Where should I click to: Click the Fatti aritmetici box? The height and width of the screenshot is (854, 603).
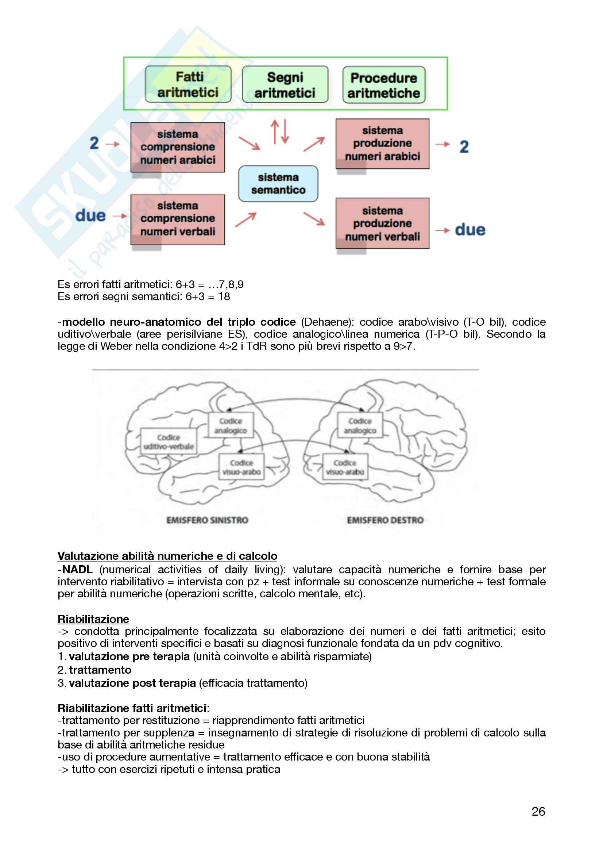click(188, 84)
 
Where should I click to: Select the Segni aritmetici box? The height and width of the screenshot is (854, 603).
click(285, 85)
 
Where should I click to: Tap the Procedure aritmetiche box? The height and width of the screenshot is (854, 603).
click(384, 85)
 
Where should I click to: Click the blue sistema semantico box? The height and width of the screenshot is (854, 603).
click(278, 184)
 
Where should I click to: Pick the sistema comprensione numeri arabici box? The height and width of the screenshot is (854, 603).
click(178, 147)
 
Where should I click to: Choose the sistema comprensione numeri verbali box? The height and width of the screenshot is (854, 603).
click(178, 219)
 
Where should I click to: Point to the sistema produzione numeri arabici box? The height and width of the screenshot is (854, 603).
click(382, 143)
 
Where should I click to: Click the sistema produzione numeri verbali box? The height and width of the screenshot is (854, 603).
click(382, 223)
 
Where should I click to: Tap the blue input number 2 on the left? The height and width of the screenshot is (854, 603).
click(94, 143)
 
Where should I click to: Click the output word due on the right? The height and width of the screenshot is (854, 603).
click(470, 230)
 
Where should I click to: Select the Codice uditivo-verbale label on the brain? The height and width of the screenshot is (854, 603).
click(169, 441)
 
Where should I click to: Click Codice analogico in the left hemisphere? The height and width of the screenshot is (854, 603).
click(231, 425)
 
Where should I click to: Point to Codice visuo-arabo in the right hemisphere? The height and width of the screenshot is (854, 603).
click(345, 467)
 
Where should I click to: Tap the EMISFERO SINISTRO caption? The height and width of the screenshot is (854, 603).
click(207, 520)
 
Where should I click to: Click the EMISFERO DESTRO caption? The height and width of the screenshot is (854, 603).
click(385, 520)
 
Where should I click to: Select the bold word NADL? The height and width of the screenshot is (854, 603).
click(77, 570)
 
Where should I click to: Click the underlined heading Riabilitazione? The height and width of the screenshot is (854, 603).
click(93, 619)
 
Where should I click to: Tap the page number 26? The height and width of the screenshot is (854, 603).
click(538, 811)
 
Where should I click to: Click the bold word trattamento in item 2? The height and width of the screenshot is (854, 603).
click(100, 670)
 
